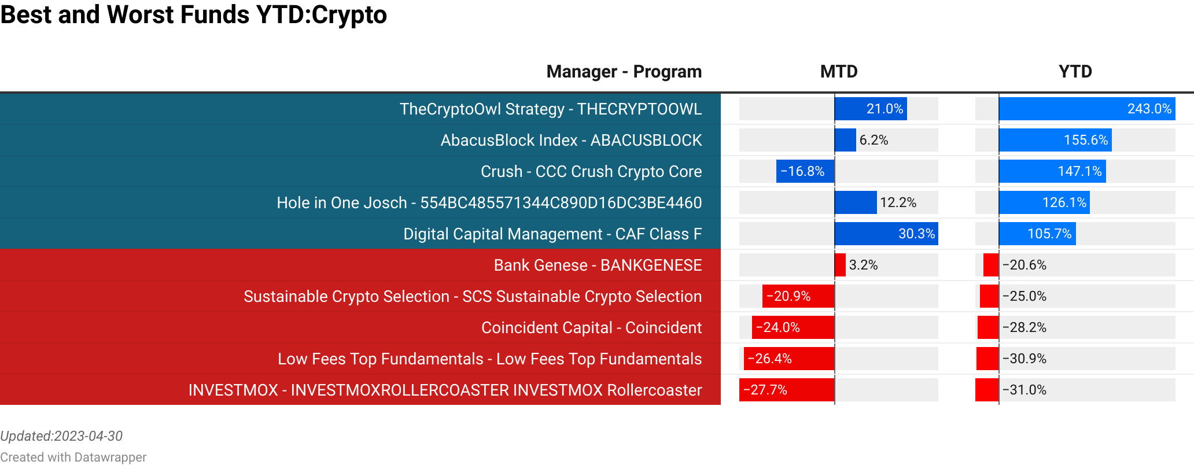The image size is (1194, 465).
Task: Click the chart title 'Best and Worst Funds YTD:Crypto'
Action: tap(193, 14)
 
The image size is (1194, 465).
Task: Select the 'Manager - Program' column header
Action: tap(624, 71)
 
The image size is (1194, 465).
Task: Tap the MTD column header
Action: tap(839, 71)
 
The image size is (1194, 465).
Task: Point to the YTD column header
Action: tap(1075, 71)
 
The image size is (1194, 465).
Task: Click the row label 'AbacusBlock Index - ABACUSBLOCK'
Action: tap(571, 140)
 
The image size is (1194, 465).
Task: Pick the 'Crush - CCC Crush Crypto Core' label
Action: tap(591, 171)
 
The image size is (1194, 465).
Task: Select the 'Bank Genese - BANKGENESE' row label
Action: tap(598, 265)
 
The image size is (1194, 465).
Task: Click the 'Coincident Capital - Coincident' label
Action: tap(591, 327)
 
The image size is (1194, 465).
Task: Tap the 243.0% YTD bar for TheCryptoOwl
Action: tap(1087, 109)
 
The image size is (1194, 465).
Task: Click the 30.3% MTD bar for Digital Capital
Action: tap(886, 234)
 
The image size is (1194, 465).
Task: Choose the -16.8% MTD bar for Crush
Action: tap(805, 171)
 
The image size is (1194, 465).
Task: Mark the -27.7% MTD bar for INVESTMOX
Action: tap(787, 390)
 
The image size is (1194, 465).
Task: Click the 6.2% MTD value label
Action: tap(874, 140)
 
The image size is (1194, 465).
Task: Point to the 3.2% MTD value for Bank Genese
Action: tap(863, 265)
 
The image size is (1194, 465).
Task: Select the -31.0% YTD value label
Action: tap(1025, 390)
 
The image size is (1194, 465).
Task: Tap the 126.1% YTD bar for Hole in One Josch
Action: tap(1044, 202)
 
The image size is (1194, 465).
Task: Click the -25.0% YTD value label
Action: tap(1025, 296)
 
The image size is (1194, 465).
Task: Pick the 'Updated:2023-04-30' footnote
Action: tap(61, 436)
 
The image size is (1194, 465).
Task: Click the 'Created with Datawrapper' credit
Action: tap(73, 457)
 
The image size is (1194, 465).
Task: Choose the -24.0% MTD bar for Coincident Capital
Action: tap(793, 327)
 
